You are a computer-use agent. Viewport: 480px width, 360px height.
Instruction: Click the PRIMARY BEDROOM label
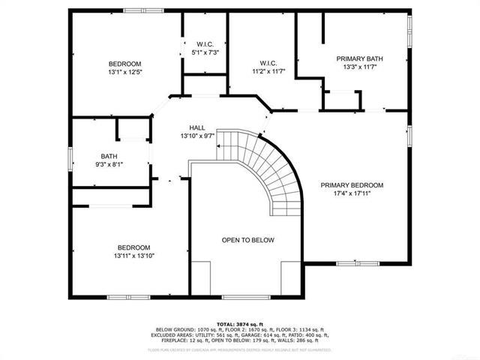point(352,185)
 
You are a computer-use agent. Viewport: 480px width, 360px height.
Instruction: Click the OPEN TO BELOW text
point(247,240)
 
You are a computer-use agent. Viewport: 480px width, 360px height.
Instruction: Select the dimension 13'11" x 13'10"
point(133,256)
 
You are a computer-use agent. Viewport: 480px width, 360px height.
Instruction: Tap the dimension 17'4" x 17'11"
point(352,193)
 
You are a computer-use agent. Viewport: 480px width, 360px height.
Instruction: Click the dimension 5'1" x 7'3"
point(205,52)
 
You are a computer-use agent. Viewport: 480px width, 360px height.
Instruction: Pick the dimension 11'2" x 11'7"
point(268,70)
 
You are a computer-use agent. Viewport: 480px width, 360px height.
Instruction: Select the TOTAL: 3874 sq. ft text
point(240,322)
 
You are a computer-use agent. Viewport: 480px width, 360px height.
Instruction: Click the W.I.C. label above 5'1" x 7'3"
point(205,44)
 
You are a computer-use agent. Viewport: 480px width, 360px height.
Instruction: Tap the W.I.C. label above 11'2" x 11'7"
point(268,62)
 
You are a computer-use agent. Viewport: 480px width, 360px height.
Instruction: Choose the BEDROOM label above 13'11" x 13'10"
point(133,247)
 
